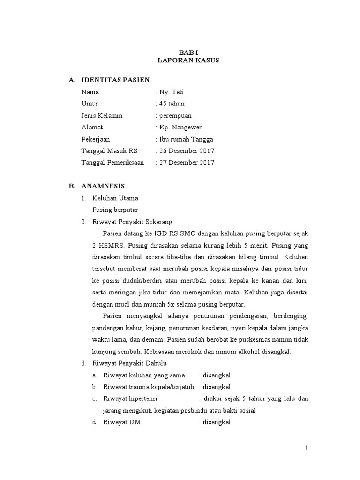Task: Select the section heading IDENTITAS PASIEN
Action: point(115,80)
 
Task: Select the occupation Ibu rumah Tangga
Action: point(186,139)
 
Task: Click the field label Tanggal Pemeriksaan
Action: point(112,163)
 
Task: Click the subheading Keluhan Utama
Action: point(115,198)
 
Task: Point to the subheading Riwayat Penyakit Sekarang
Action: point(133,222)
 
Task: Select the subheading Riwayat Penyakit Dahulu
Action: point(130,363)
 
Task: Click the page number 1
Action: point(307,448)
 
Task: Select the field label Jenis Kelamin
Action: point(102,115)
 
